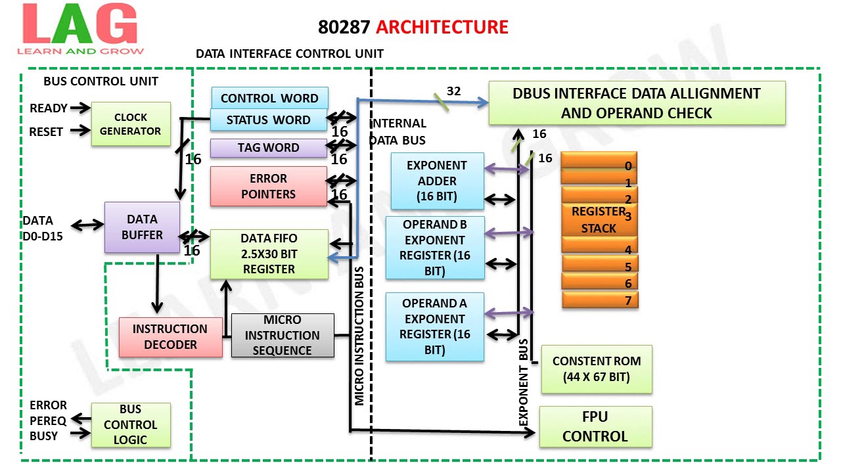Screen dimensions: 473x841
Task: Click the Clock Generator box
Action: coord(131,124)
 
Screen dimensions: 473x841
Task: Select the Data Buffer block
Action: coord(142,227)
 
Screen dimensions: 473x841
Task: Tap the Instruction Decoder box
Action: coord(170,336)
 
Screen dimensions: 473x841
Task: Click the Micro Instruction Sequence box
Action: coord(283,335)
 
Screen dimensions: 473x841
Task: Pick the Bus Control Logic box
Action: coord(130,425)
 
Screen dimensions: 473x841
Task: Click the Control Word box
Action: coord(269,98)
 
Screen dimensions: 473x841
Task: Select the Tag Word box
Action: coord(268,148)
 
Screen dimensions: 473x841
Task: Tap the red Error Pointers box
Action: coord(268,186)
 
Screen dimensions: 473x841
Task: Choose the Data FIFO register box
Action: coord(269,254)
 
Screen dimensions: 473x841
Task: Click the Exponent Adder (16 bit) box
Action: coord(437,181)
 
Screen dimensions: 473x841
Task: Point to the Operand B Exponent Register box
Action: coord(434,248)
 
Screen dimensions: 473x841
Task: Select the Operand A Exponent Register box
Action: coord(434,327)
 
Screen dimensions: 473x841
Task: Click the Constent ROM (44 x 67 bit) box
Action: coord(596,369)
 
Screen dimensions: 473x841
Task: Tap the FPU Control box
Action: coord(595,427)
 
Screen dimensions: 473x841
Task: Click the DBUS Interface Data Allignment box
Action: coord(636,103)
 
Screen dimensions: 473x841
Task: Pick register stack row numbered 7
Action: coord(600,300)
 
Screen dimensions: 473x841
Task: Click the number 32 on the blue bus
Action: coord(453,91)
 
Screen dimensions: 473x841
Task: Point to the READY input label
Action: coord(49,108)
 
